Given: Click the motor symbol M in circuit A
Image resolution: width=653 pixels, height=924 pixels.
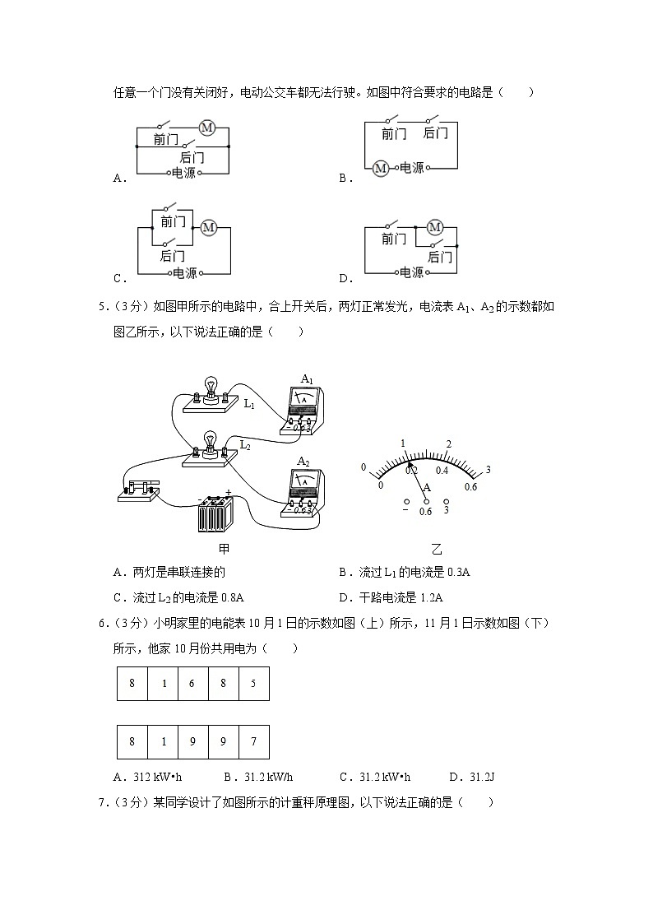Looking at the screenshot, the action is (207, 128).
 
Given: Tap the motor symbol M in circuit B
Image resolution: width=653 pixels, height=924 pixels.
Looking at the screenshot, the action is (380, 168).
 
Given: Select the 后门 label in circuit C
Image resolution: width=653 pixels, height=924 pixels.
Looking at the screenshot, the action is (173, 256).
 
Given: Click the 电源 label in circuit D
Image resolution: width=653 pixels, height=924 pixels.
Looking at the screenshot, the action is (412, 272).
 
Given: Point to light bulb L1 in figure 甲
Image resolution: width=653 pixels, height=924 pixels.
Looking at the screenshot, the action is (211, 388).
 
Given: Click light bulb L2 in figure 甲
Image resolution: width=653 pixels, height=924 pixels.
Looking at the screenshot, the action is (211, 443).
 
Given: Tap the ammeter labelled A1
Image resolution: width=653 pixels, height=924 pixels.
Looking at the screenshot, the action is (303, 406).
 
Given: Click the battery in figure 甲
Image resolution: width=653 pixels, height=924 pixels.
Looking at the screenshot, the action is (216, 515).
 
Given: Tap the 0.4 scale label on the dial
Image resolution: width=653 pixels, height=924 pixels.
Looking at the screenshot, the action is (442, 471).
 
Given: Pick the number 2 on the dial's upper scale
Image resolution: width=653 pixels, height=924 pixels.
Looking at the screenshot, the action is (448, 444).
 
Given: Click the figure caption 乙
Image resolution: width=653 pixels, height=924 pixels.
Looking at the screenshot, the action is (437, 550).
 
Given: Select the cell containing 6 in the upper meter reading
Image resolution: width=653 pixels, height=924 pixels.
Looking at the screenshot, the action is (192, 684).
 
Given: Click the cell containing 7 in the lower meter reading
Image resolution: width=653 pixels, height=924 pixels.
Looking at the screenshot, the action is (253, 741).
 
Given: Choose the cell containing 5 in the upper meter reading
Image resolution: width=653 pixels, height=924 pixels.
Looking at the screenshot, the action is (253, 684).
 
